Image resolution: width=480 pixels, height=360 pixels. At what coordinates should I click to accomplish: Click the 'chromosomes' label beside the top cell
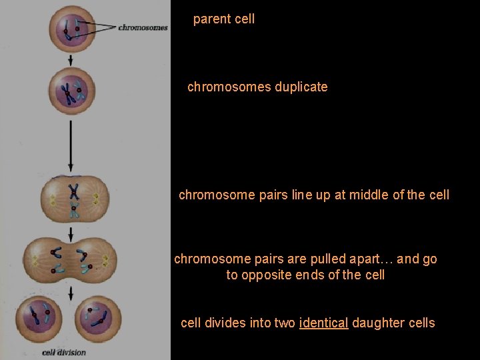point(143,27)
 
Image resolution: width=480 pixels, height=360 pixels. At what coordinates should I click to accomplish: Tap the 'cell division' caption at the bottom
point(64,352)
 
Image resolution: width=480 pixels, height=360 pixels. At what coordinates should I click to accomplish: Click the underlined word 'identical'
point(324,323)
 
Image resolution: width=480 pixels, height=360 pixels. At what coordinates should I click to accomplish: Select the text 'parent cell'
point(224,19)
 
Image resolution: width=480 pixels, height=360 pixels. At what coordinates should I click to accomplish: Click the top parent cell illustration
point(71,29)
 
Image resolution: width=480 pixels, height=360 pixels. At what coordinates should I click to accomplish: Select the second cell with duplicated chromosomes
point(71,92)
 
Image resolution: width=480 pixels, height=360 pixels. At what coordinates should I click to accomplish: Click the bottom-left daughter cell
point(39,319)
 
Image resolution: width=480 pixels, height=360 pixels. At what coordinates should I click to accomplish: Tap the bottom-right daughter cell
point(100,319)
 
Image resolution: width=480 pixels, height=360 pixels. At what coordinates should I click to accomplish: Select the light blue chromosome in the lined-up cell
point(74,211)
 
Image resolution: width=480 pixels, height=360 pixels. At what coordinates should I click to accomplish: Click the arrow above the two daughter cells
point(71,291)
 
